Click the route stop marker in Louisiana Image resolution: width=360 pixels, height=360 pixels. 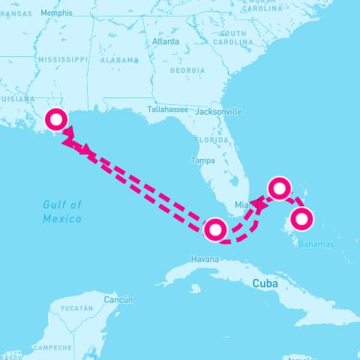[x=55, y=120]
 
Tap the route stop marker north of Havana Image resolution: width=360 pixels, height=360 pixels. [x=215, y=229]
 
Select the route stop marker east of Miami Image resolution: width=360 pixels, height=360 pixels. [x=279, y=188]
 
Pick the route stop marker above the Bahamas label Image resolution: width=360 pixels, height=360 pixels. [x=301, y=220]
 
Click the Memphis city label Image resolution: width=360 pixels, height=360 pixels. [x=57, y=13]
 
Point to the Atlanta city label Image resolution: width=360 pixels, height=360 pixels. [x=166, y=42]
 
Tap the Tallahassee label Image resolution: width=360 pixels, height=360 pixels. [x=166, y=109]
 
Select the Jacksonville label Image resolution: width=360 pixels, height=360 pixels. [x=218, y=112]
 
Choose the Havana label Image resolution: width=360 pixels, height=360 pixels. [x=205, y=259]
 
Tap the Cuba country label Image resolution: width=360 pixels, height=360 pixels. [x=265, y=283]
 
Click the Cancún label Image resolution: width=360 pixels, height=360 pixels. [x=118, y=300]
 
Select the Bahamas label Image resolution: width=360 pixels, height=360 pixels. [x=316, y=244]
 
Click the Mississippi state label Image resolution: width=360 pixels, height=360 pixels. [x=63, y=58]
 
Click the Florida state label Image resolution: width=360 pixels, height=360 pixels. [x=211, y=140]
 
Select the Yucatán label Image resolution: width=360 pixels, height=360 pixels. [x=76, y=308]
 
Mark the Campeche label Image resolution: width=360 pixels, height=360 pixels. [x=52, y=348]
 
